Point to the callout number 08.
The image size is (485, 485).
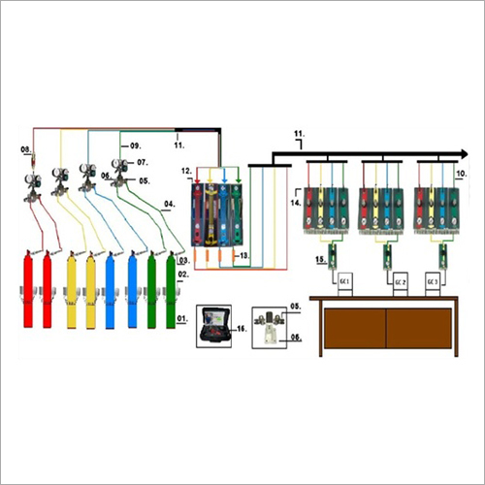tap(26, 149)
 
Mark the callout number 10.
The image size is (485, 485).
tap(462, 171)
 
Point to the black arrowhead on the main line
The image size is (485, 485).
tap(468, 152)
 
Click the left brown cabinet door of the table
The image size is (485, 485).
tap(353, 330)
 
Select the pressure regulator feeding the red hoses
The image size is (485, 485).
tap(32, 181)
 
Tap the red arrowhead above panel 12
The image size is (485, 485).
tap(198, 179)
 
